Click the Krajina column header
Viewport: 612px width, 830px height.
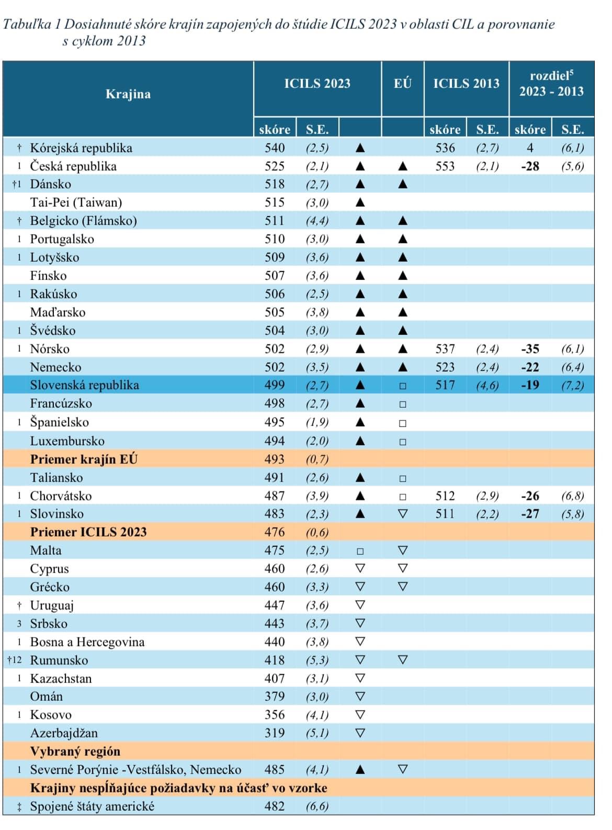(128, 94)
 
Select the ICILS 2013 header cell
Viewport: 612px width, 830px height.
(466, 83)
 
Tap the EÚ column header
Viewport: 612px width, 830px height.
(402, 83)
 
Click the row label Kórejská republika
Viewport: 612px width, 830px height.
(81, 148)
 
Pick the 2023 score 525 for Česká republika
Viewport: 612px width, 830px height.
(275, 166)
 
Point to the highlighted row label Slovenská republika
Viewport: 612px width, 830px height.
(84, 385)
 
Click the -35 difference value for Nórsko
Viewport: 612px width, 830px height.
(530, 349)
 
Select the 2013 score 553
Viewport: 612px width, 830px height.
(445, 166)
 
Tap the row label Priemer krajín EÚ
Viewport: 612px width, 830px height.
(84, 459)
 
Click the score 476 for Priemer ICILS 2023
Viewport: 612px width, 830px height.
(275, 532)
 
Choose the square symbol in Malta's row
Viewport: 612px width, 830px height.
(360, 551)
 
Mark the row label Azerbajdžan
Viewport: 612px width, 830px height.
(64, 733)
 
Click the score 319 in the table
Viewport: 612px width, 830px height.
(275, 733)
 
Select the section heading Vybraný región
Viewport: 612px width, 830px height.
(75, 752)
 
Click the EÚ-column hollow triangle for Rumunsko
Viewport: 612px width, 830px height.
(402, 660)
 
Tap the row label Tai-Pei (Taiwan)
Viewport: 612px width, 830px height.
(76, 203)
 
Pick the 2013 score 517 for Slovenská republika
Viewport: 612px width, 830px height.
(445, 385)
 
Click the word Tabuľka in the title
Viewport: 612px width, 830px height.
(26, 24)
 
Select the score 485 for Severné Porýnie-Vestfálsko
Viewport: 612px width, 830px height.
(275, 770)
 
